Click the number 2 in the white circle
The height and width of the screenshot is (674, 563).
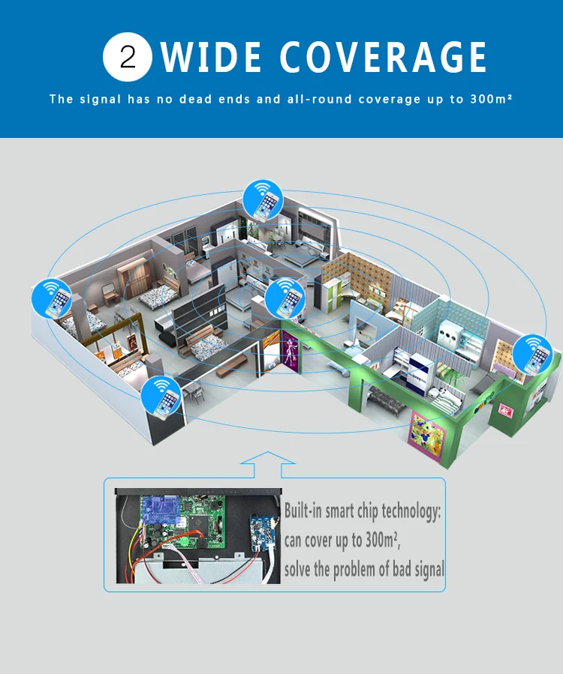pos(128,57)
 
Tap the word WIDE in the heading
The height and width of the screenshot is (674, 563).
pos(212,58)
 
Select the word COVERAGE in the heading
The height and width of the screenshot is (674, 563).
pos(384,58)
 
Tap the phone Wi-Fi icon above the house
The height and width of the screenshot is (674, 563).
pos(263,200)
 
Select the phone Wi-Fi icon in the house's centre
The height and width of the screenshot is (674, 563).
pos(286,298)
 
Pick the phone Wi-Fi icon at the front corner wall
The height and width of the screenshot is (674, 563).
pos(162,396)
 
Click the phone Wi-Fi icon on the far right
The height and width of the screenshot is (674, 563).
pos(534,353)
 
